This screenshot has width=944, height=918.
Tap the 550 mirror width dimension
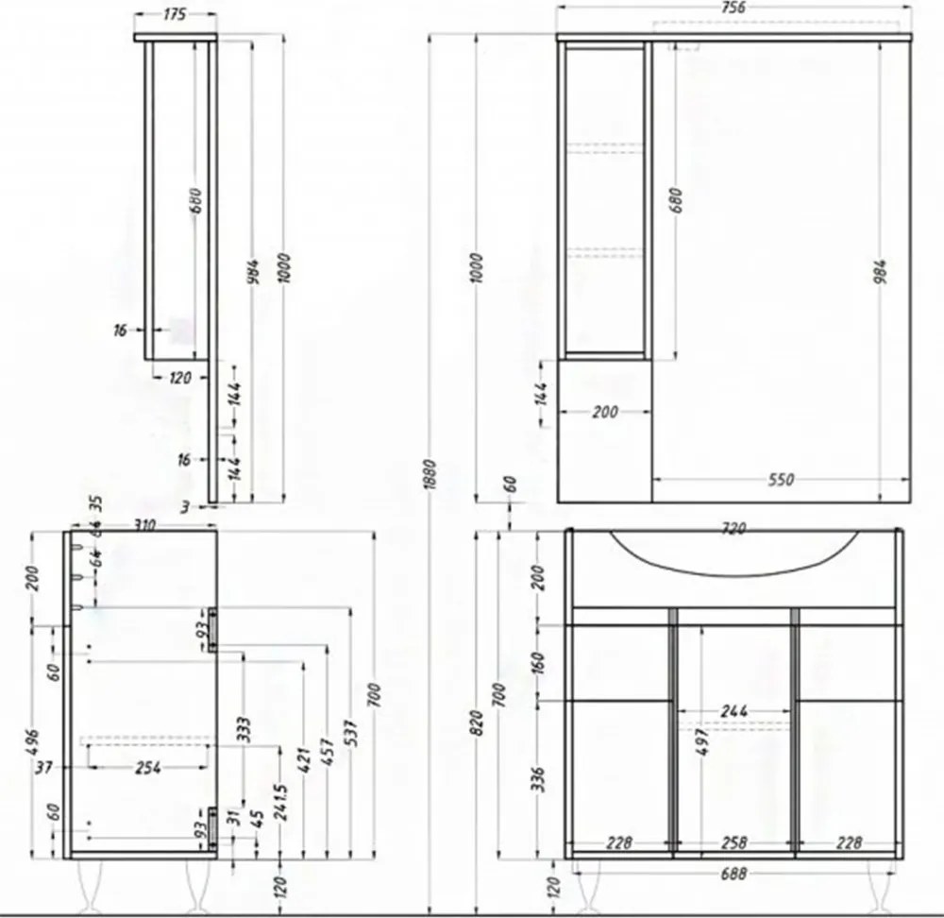coord(780,480)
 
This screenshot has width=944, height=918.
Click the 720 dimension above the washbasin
coord(733,530)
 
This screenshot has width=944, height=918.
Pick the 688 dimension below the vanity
coord(733,875)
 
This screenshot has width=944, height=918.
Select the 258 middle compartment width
coord(733,842)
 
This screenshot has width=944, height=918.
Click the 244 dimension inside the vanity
coord(733,711)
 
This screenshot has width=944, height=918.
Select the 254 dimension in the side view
coord(148,768)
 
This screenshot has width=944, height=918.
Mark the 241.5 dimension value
coord(281,804)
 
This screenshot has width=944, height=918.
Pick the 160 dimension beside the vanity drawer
coord(537,663)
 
